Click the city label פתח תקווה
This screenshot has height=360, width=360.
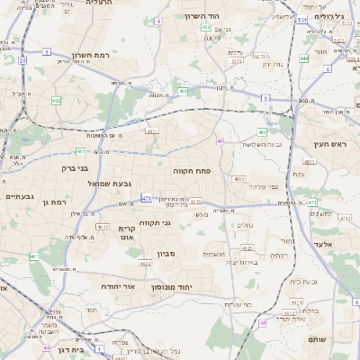tap(192, 168)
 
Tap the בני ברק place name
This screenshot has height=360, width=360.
tap(75, 167)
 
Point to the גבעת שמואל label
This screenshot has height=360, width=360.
tap(85, 184)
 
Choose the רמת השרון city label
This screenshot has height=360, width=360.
tap(90, 55)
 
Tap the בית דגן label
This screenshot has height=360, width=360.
tap(67, 348)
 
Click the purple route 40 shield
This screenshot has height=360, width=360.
tap(220, 140)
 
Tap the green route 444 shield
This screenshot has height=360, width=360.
tap(303, 58)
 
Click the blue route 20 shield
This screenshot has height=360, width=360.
tap(22, 60)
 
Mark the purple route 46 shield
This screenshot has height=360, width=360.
tap(263, 322)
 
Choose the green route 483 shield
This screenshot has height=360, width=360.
tap(263, 132)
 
